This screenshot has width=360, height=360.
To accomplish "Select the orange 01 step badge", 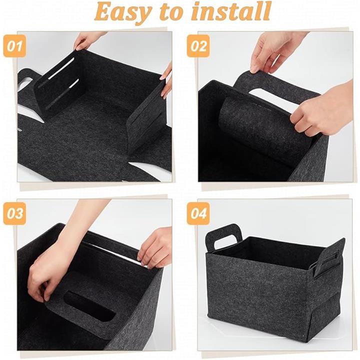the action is click(x=14, y=46).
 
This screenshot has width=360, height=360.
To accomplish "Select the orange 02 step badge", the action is click(x=198, y=46).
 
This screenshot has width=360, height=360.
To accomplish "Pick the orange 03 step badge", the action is click(x=14, y=213).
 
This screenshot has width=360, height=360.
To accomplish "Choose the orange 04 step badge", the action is click(x=198, y=213).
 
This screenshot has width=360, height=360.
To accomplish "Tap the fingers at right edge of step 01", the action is click(x=166, y=81).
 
